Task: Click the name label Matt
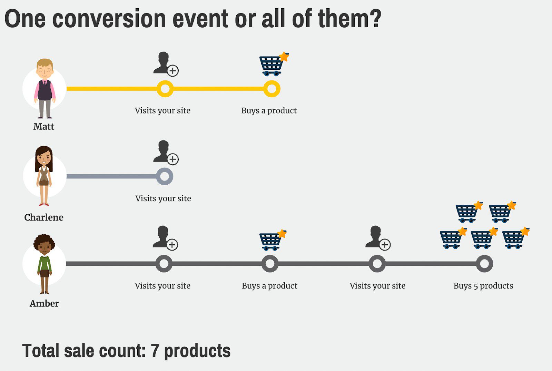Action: pyautogui.click(x=44, y=127)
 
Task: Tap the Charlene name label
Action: pyautogui.click(x=44, y=217)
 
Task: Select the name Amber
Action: pyautogui.click(x=44, y=304)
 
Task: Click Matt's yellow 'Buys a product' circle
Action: pyautogui.click(x=272, y=89)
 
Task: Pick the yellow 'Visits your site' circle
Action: pyautogui.click(x=165, y=89)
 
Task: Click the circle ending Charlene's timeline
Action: pyautogui.click(x=165, y=176)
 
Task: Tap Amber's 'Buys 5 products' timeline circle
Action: pyautogui.click(x=484, y=264)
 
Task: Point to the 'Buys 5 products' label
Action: pyautogui.click(x=483, y=286)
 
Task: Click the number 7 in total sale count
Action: pyautogui.click(x=155, y=351)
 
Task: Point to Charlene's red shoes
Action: pyautogui.click(x=44, y=204)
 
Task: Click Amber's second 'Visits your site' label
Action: pyautogui.click(x=377, y=286)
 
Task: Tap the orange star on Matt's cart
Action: pyautogui.click(x=284, y=57)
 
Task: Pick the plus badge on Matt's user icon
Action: pyautogui.click(x=173, y=71)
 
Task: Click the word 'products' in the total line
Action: pyautogui.click(x=197, y=351)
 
